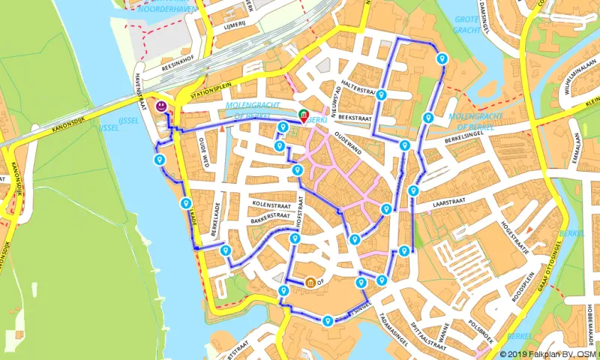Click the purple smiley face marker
161,106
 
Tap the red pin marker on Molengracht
304,119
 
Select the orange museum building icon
310,283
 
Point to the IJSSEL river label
109,127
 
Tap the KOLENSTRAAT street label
271,204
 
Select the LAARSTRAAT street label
450,202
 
